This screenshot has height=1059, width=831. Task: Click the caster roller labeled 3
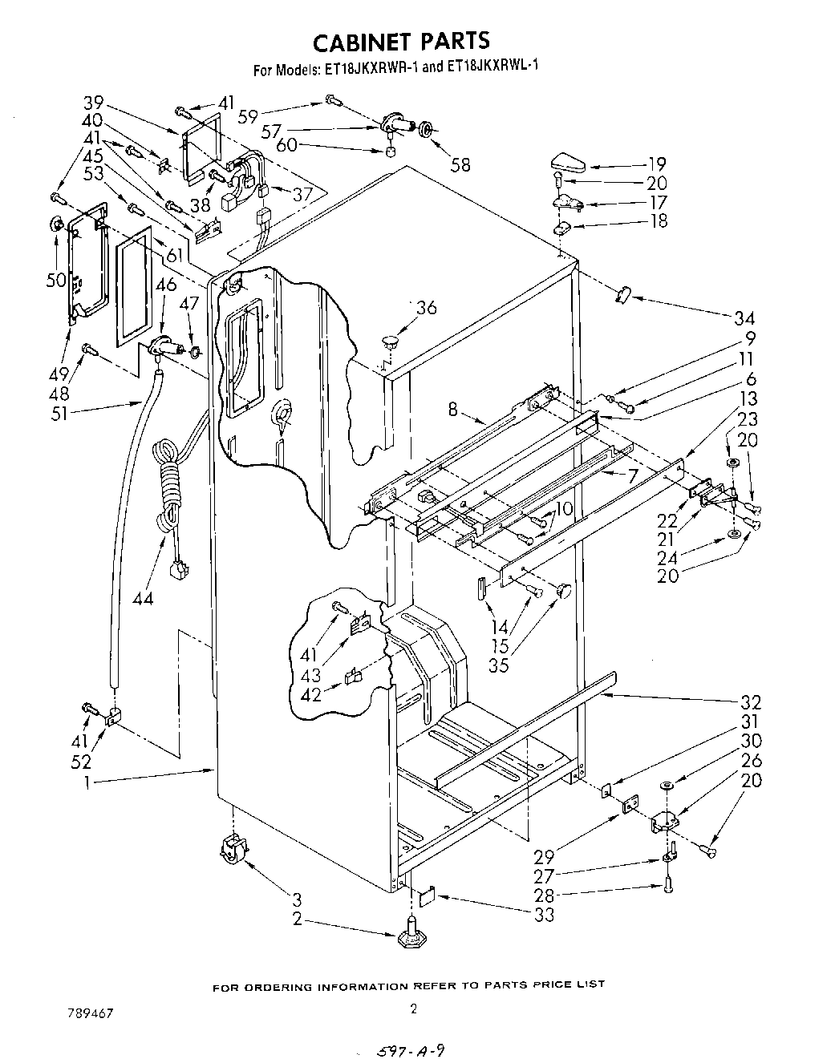pyautogui.click(x=231, y=847)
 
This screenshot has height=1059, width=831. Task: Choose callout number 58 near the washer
pyautogui.click(x=460, y=165)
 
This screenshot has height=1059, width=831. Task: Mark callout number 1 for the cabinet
pyautogui.click(x=90, y=781)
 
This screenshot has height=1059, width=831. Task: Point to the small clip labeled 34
pyautogui.click(x=622, y=294)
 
